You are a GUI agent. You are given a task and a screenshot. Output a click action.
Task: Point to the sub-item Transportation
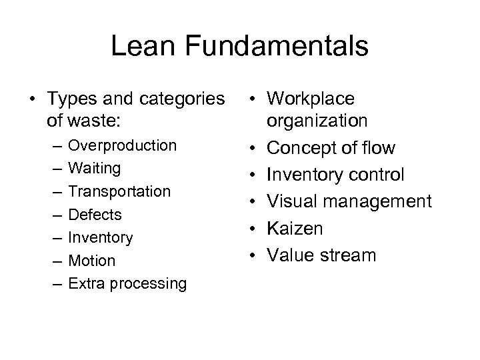(119, 191)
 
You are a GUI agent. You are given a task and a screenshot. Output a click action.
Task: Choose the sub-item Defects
(95, 214)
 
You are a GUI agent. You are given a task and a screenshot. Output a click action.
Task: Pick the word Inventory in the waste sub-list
(101, 237)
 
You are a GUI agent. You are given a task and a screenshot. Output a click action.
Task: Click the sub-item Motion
(92, 260)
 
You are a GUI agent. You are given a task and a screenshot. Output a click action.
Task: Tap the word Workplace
(311, 99)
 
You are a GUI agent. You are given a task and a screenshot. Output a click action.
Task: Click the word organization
(317, 121)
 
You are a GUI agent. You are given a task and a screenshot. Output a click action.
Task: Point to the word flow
(379, 147)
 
